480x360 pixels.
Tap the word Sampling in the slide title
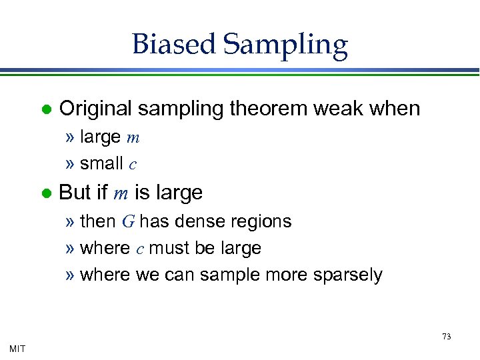[285, 45]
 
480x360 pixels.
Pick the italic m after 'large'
[133, 138]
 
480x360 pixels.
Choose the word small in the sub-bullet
[101, 163]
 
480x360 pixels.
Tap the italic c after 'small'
[133, 164]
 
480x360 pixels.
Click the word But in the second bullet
[75, 193]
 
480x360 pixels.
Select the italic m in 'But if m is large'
[121, 194]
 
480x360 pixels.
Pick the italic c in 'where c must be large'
[139, 249]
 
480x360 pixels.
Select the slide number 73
[447, 336]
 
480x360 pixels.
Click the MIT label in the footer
[18, 348]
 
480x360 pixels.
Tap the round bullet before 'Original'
[45, 109]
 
